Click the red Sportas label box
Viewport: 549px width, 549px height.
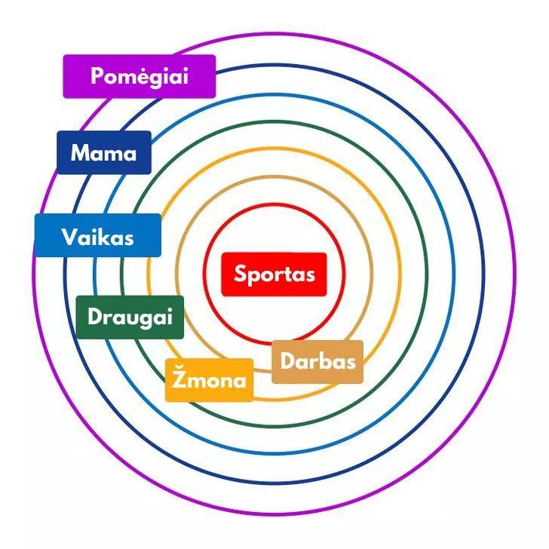pyautogui.click(x=274, y=274)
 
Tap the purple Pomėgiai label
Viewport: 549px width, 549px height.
pyautogui.click(x=140, y=76)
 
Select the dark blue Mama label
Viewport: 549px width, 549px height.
pyautogui.click(x=104, y=152)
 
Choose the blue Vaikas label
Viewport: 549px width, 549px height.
pyautogui.click(x=98, y=235)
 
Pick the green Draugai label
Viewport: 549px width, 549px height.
pyautogui.click(x=130, y=317)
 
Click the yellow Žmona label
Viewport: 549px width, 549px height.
pyautogui.click(x=210, y=380)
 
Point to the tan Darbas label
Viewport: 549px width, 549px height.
pyautogui.click(x=317, y=362)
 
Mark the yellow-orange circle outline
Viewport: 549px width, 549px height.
pyautogui.click(x=400, y=274)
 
